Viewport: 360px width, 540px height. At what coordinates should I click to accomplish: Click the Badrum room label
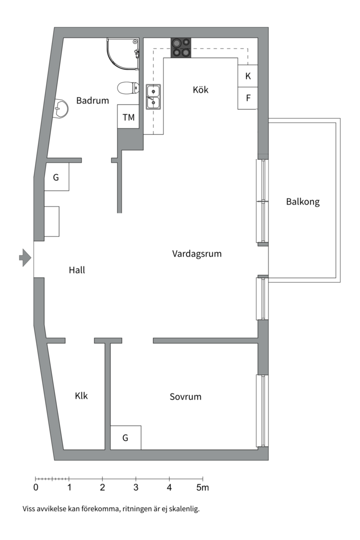click(92, 100)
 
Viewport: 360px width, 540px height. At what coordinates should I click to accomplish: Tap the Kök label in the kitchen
click(200, 90)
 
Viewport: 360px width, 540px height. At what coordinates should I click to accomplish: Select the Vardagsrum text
click(196, 253)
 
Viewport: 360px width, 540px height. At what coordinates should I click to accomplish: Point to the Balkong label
click(302, 202)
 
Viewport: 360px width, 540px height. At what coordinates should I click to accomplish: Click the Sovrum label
click(185, 396)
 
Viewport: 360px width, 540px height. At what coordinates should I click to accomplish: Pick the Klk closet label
click(81, 395)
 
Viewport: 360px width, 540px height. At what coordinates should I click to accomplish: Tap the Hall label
click(77, 270)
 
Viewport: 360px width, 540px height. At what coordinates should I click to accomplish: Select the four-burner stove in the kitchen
click(181, 47)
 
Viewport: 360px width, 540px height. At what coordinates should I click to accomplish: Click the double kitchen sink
click(153, 97)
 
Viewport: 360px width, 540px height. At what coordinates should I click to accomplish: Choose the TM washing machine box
click(128, 117)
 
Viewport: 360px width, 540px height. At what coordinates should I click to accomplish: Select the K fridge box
click(248, 76)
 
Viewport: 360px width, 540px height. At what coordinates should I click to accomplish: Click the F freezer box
click(248, 98)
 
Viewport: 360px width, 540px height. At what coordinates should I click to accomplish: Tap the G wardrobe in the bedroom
click(125, 438)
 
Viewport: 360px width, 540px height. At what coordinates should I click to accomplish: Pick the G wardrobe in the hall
click(56, 177)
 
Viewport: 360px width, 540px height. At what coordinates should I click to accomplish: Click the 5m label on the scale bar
click(202, 487)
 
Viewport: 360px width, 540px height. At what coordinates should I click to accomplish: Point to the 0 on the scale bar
click(36, 487)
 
